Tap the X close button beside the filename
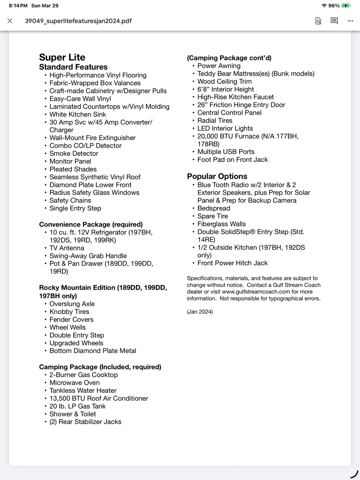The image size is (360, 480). click(10, 21)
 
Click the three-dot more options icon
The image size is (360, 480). click(350, 21)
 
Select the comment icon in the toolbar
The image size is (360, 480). click(334, 21)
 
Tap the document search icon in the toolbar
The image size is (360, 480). click(318, 21)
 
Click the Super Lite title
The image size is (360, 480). click(62, 58)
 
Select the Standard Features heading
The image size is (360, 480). click(73, 67)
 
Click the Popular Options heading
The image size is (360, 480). click(217, 176)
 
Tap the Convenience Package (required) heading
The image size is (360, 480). click(91, 224)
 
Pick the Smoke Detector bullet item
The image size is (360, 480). click(74, 154)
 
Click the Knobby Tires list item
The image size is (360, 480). click(69, 312)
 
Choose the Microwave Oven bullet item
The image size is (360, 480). click(74, 383)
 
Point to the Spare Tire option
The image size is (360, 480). click(212, 216)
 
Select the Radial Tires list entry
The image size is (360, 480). click(215, 120)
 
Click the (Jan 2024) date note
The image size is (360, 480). click(200, 312)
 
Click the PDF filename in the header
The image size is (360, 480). click(78, 21)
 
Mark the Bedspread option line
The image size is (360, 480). click(214, 208)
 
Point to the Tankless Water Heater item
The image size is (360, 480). click(83, 390)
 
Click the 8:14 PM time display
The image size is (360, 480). click(18, 6)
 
